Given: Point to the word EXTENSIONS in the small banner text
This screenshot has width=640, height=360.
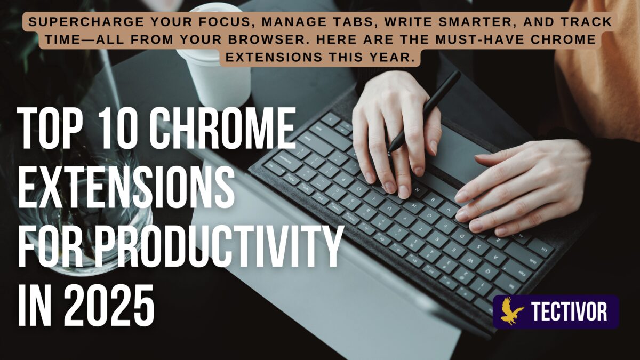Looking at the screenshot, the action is point(274,57).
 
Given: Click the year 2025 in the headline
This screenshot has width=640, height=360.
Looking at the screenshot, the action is point(109,305).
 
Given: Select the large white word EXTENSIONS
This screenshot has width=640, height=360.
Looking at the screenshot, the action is point(126,187).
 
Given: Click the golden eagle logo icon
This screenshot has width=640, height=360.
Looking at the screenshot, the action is point(511,311).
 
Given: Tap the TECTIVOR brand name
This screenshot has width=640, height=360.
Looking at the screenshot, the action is point(569,311).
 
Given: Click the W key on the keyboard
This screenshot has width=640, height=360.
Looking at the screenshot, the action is point(471,260).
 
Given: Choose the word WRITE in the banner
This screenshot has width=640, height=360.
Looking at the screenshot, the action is point(406,22).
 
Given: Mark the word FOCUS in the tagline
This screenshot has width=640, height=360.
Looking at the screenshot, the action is point(225,22).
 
